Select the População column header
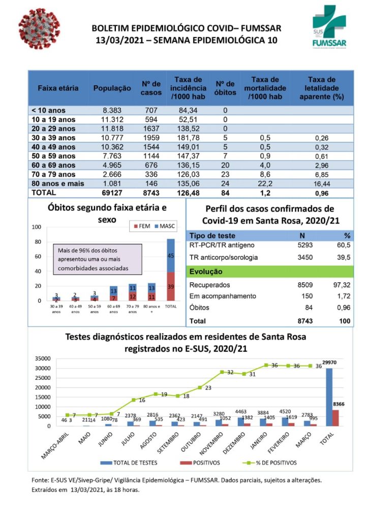point(112,88)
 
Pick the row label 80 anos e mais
point(57,183)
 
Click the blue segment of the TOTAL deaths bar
point(171,255)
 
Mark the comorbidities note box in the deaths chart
point(97,259)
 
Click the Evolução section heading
point(206,272)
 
